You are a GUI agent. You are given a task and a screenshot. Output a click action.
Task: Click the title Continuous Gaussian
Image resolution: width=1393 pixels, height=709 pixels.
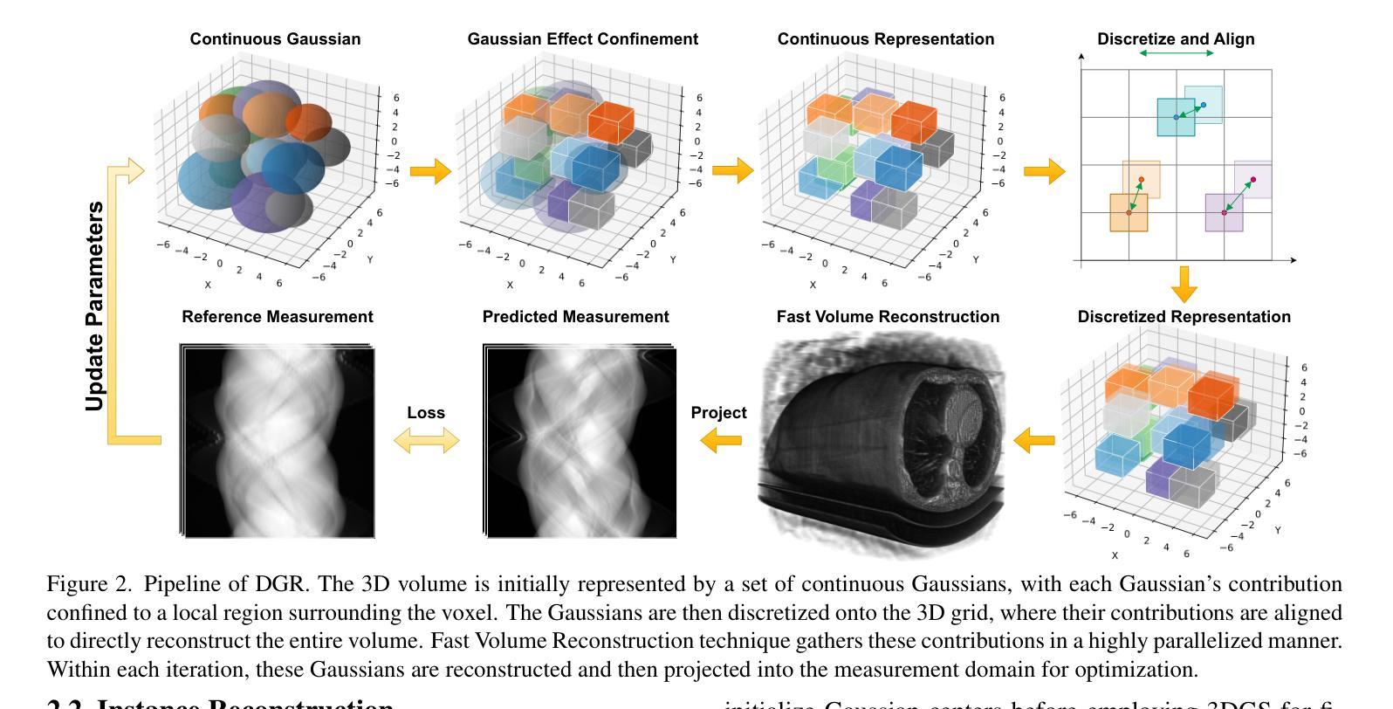click(x=275, y=39)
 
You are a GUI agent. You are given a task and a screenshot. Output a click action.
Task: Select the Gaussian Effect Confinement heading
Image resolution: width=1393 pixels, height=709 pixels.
click(x=582, y=39)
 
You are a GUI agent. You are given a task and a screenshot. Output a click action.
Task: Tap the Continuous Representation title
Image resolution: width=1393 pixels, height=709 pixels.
click(x=885, y=39)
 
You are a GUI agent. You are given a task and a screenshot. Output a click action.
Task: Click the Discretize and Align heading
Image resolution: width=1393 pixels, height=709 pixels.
click(x=1175, y=39)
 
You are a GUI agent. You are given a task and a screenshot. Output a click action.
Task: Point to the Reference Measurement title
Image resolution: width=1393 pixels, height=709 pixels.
click(x=278, y=317)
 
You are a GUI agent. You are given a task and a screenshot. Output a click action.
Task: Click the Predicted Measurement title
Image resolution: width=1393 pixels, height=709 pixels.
click(x=576, y=317)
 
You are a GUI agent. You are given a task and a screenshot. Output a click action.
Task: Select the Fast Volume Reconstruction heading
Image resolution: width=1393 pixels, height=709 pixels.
click(x=888, y=317)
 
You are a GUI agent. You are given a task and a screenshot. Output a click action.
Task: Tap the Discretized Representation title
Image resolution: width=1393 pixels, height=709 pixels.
click(x=1184, y=317)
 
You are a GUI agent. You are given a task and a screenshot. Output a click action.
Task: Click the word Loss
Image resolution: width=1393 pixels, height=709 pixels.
click(x=426, y=413)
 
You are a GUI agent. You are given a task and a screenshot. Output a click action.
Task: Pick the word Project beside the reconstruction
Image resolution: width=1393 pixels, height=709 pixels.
click(x=718, y=413)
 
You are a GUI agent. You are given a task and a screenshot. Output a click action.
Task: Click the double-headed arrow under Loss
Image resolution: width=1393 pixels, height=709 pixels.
click(x=426, y=441)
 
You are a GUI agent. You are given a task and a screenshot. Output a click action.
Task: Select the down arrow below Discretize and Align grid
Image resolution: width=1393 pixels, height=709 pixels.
click(x=1184, y=284)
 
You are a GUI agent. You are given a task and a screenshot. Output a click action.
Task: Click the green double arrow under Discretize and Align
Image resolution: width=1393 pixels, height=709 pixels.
click(x=1177, y=53)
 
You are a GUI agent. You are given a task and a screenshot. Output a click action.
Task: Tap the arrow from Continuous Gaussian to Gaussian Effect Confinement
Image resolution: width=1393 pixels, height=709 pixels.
click(x=430, y=171)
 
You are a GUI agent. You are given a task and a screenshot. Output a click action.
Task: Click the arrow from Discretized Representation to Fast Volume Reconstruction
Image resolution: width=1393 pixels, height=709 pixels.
click(x=1035, y=440)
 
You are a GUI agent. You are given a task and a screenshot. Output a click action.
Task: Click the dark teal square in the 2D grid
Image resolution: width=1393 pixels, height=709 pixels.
click(x=1176, y=117)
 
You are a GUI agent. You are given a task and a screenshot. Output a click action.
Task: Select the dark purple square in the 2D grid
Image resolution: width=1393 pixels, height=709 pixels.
click(x=1224, y=213)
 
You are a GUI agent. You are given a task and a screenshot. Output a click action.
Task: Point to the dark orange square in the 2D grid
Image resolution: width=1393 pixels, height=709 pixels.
click(x=1129, y=213)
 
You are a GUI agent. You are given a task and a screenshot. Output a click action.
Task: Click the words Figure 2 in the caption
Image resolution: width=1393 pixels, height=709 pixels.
click(x=87, y=584)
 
